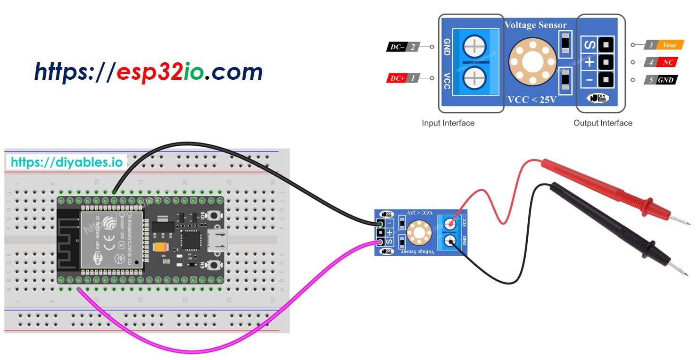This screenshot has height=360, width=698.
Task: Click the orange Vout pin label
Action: tap(669, 45)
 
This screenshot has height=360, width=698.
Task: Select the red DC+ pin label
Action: tap(396, 79)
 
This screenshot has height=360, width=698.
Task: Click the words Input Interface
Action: tap(448, 123)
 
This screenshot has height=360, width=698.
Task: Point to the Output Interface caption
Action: tap(602, 123)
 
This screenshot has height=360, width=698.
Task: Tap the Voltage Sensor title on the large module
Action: tap(536, 25)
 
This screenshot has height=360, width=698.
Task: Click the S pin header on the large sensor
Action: tap(605, 45)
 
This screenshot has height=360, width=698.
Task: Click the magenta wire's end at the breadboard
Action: tap(79, 289)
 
